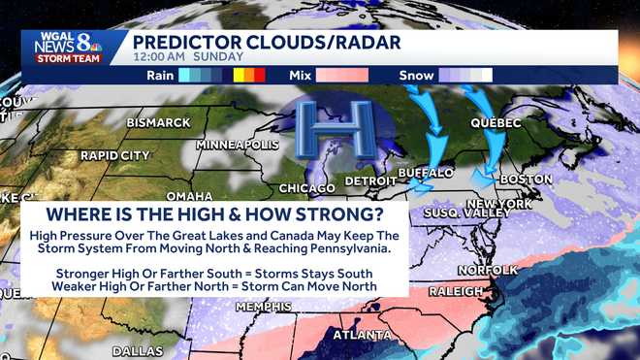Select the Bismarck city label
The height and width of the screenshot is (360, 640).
[x=157, y=122]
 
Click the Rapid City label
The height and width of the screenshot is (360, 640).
[x=114, y=155]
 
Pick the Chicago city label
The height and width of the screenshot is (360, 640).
[x=307, y=187]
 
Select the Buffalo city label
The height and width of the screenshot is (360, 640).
[x=427, y=173]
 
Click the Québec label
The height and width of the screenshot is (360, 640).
[x=496, y=123]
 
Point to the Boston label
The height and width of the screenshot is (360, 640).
[x=527, y=180]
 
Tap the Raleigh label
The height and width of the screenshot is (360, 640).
[x=455, y=291]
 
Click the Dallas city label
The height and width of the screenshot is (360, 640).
[x=138, y=351]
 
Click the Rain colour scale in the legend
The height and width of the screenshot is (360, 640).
[x=222, y=75]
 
